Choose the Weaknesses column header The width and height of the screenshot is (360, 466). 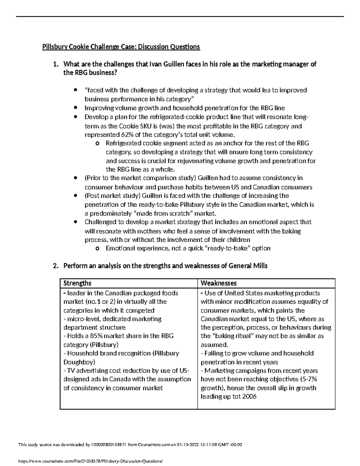pos(218,283)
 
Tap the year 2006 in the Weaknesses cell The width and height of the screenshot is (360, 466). pos(250,397)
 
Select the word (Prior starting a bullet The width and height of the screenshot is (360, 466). pos(93,178)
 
